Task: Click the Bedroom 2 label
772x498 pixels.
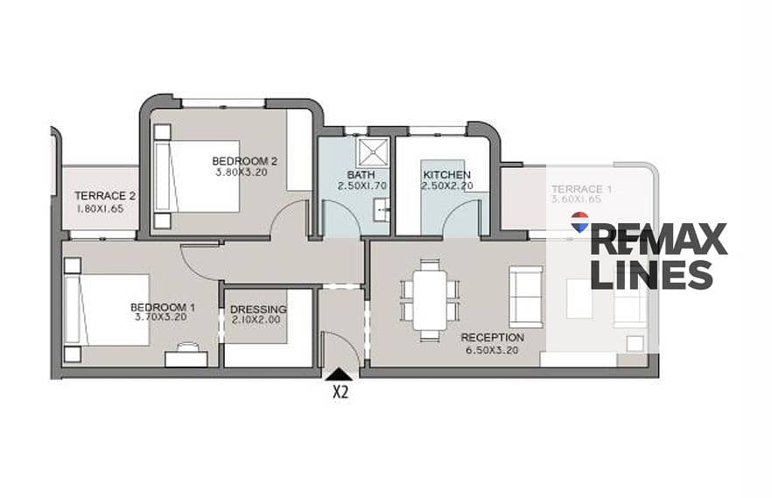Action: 245,161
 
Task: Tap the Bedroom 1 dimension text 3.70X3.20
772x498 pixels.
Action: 161,318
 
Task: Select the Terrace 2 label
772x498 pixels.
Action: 105,196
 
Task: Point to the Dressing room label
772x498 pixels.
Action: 258,310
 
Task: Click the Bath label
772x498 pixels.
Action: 361,175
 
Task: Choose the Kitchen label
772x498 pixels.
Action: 447,175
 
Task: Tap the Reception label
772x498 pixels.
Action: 492,338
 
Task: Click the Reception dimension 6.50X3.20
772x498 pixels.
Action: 492,350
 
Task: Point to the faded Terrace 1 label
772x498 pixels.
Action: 577,189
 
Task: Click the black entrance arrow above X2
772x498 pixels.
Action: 340,375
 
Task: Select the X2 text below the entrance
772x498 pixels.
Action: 340,392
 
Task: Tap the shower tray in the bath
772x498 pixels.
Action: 373,152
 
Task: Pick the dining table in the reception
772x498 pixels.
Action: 430,300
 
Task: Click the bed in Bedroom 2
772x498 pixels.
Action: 198,176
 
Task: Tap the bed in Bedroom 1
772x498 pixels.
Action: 107,310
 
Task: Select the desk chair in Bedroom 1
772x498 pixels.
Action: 187,347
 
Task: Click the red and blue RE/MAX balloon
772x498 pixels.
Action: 579,222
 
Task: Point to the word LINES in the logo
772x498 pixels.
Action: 651,275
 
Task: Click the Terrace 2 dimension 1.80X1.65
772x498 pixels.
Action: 100,208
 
